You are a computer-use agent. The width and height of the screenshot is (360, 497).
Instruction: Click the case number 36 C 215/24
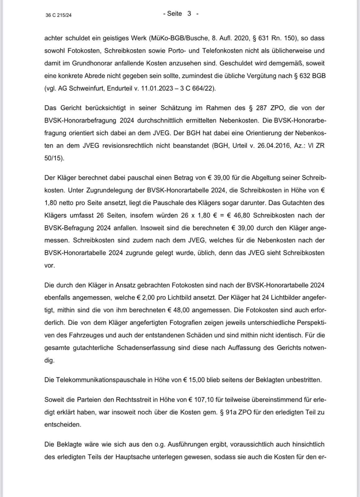58,15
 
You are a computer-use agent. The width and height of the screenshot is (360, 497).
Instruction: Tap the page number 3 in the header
189,13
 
